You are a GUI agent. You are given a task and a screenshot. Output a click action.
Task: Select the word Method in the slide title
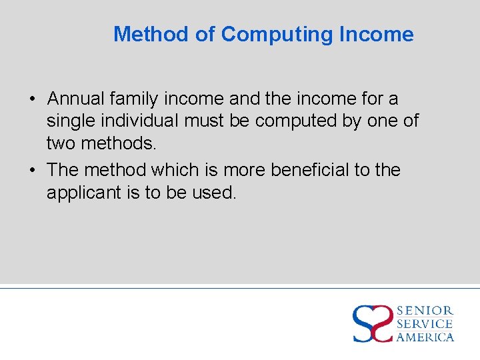point(151,34)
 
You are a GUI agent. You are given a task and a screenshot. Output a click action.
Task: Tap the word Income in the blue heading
point(377,34)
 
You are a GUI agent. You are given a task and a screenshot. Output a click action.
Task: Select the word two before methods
point(61,143)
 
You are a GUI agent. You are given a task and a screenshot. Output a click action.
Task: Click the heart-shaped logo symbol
point(372,323)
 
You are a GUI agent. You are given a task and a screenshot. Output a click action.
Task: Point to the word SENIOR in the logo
point(425,311)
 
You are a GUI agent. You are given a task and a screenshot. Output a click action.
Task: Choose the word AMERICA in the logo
point(425,337)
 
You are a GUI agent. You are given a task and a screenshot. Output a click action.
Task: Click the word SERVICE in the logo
point(425,324)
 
